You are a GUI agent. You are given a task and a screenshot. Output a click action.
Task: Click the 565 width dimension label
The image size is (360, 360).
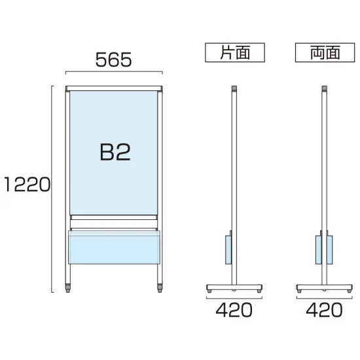click(113, 60)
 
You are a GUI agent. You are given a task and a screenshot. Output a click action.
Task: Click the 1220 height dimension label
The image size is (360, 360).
click(27, 185)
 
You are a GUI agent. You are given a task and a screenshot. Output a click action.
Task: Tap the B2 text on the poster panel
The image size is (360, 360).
click(115, 152)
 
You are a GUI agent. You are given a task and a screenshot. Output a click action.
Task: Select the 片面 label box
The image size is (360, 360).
click(235, 52)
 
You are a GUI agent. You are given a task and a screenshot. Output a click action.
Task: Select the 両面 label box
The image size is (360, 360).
click(325, 52)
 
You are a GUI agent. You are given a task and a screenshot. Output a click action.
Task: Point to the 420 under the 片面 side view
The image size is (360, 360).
click(234, 310)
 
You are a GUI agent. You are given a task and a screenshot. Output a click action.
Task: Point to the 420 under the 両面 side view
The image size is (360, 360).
click(324, 310)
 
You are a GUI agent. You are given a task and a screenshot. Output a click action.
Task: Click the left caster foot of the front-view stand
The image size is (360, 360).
click(67, 288)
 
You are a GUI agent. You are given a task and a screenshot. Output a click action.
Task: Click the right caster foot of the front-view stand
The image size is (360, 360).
click(160, 288)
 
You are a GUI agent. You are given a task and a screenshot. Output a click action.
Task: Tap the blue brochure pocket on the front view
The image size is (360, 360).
click(114, 247)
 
